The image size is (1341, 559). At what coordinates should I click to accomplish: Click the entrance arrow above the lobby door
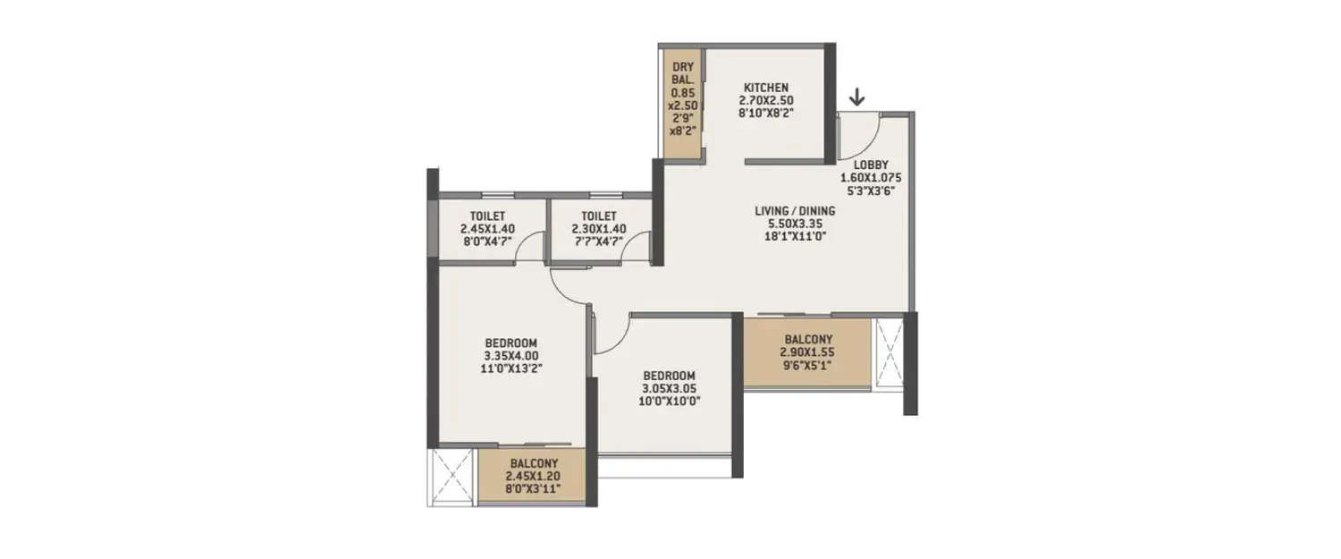pos(857,96)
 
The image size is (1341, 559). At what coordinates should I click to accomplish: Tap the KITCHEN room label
pos(766,88)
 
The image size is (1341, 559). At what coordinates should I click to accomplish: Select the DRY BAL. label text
pos(683,72)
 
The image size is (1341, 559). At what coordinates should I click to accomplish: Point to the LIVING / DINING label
pos(795,211)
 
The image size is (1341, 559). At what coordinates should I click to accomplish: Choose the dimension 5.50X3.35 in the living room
pos(795,224)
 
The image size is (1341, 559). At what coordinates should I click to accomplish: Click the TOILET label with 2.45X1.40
pos(490,216)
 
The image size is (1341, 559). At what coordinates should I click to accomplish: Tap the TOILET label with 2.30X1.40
pos(598,216)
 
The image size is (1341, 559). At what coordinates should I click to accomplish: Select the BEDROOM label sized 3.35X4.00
pos(510,343)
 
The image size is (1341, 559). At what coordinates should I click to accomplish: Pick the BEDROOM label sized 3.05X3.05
pos(669,376)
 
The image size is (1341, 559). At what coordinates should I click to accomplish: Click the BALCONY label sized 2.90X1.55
pos(808,340)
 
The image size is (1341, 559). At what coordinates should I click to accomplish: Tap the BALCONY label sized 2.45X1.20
pos(534,463)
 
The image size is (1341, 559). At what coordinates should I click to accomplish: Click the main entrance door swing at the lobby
pos(860,134)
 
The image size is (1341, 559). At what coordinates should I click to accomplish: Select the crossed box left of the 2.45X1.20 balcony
pos(454,478)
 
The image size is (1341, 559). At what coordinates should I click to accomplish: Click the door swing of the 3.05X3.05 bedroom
pos(611,334)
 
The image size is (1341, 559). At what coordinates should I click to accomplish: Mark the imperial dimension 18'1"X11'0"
pos(795,236)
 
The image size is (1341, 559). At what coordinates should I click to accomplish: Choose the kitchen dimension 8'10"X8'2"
pos(766,113)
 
